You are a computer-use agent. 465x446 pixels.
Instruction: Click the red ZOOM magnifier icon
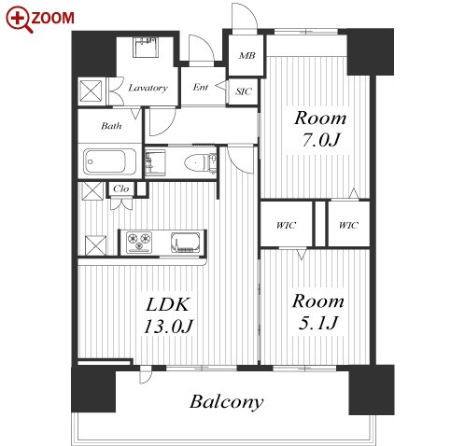(x=20, y=20)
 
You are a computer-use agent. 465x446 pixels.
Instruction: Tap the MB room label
(x=247, y=56)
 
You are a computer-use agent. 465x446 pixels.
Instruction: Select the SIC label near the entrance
(x=243, y=91)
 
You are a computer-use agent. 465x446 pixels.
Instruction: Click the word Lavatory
(x=148, y=88)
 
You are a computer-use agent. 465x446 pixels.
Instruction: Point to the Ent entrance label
(x=200, y=87)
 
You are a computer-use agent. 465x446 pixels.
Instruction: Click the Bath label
(x=111, y=126)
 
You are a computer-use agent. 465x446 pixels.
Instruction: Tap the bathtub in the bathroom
(x=110, y=161)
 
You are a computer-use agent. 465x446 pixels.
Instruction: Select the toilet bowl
(x=197, y=162)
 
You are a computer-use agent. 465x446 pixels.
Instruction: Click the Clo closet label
(x=120, y=188)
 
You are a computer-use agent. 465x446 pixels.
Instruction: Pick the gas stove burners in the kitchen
(x=139, y=243)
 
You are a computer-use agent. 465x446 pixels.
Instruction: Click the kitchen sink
(x=185, y=243)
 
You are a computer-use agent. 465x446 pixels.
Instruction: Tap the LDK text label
(x=167, y=304)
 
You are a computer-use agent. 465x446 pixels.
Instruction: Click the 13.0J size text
(x=168, y=327)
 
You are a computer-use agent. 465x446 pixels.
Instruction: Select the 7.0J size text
(x=320, y=140)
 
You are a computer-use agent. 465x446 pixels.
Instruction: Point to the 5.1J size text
(x=318, y=323)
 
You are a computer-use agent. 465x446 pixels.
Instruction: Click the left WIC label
(x=286, y=225)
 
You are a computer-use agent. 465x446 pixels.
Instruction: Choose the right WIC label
(x=348, y=225)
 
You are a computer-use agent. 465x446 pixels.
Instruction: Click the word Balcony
(x=227, y=402)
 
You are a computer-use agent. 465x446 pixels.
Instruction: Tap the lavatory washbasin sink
(x=146, y=48)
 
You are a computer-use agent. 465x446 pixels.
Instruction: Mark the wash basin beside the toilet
(x=155, y=163)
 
